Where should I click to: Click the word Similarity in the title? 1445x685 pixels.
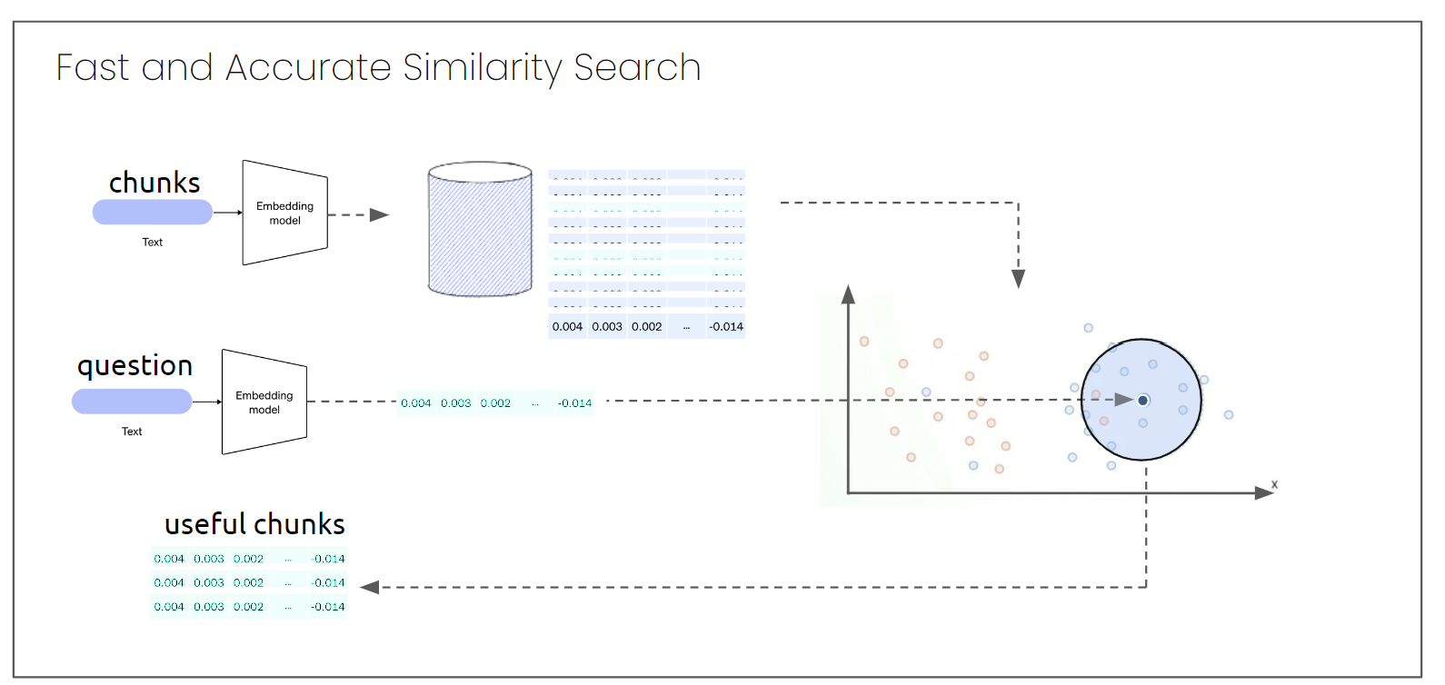[482, 68]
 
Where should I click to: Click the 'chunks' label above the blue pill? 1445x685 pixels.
[154, 183]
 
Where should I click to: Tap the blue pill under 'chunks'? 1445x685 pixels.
[153, 213]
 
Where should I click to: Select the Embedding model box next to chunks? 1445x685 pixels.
[284, 213]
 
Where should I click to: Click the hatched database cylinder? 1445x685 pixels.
[480, 231]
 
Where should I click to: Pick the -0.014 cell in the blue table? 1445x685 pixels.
[726, 327]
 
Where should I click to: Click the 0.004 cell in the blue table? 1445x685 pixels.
[567, 327]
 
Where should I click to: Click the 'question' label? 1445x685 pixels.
[135, 365]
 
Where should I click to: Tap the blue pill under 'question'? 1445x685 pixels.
[132, 402]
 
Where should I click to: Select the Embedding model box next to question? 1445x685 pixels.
[264, 402]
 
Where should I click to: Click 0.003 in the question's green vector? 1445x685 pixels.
[456, 403]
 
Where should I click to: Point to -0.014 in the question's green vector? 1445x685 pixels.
[574, 403]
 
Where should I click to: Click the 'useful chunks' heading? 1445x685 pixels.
[254, 524]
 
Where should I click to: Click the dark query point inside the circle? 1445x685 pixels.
[1143, 401]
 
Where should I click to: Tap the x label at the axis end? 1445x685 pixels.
[1274, 485]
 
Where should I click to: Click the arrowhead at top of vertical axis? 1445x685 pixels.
[848, 293]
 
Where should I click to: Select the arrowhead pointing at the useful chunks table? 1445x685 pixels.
[369, 588]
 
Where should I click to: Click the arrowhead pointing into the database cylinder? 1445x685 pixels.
[379, 215]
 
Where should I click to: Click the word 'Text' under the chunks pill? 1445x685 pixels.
[153, 243]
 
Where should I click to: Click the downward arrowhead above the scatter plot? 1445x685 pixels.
[1019, 279]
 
